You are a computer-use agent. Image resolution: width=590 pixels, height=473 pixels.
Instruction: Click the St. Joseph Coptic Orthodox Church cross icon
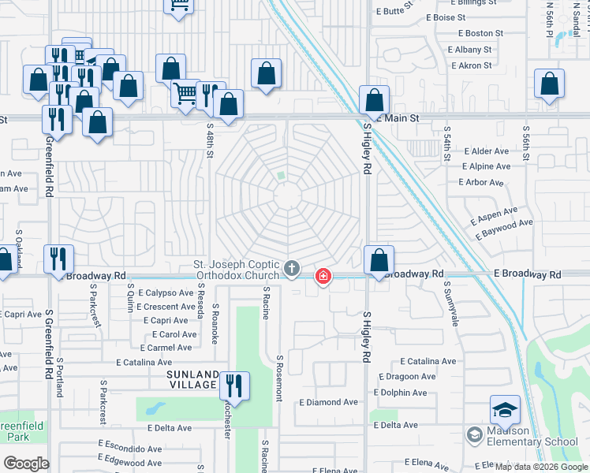click(292, 269)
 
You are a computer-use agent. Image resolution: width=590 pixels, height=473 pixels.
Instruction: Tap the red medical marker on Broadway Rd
click(323, 276)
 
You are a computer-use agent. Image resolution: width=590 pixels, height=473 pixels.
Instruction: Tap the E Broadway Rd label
click(528, 274)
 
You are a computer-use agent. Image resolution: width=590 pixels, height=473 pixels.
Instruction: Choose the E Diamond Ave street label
click(328, 402)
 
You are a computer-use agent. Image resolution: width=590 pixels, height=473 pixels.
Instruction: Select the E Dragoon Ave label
click(407, 377)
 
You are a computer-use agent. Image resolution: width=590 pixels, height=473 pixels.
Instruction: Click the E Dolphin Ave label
click(407, 392)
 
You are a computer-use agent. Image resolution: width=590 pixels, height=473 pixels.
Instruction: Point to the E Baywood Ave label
click(504, 223)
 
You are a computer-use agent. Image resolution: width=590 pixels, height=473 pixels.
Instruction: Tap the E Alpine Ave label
click(488, 166)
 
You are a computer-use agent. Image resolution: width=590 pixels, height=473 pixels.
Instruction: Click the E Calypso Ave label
click(166, 292)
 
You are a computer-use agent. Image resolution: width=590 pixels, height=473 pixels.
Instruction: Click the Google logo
click(26, 463)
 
